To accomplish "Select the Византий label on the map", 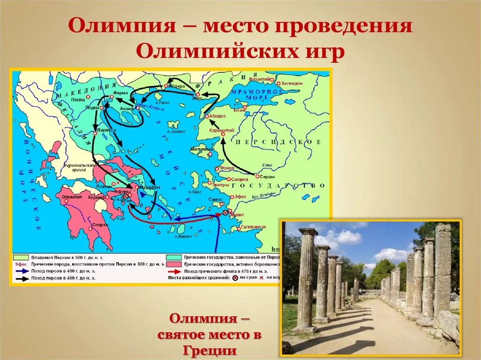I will [x=261, y=79].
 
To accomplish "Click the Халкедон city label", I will [x=292, y=83].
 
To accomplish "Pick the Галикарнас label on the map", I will [x=254, y=227].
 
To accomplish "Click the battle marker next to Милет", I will [x=225, y=213].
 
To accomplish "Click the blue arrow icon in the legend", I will [x=22, y=271].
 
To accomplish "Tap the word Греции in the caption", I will [x=209, y=351].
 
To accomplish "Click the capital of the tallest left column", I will [x=308, y=232].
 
